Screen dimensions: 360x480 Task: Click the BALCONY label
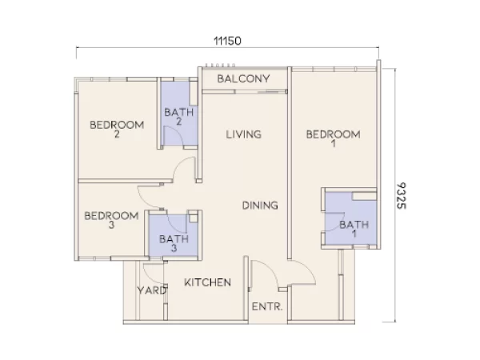243,79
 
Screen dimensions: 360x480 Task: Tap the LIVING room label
243,134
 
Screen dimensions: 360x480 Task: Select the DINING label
260,206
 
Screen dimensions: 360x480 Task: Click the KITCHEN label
208,283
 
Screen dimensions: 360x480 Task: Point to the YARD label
152,290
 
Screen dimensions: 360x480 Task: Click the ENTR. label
267,307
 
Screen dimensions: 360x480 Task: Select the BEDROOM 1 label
333,139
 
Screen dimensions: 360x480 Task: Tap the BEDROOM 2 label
117,130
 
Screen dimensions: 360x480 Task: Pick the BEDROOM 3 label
111,220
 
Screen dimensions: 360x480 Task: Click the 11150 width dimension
227,40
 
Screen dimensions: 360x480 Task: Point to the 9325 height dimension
403,195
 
